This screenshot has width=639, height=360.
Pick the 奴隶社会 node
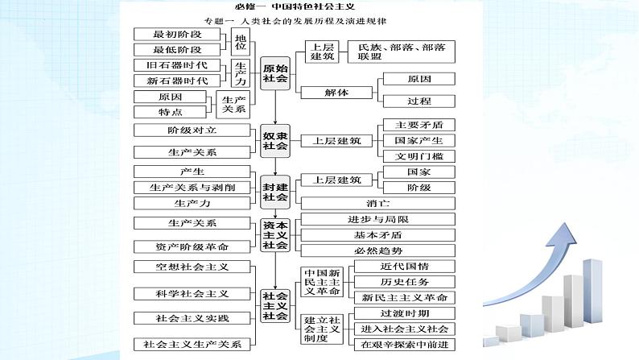pos(275,140)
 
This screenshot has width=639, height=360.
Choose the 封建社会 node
pos(275,191)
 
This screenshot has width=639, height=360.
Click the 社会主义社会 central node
pos(275,305)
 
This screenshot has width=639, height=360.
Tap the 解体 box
pos(336,92)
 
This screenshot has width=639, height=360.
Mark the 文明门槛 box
pos(419,155)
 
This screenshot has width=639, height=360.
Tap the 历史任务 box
pos(403,282)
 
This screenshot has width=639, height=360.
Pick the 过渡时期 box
pos(403,313)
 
